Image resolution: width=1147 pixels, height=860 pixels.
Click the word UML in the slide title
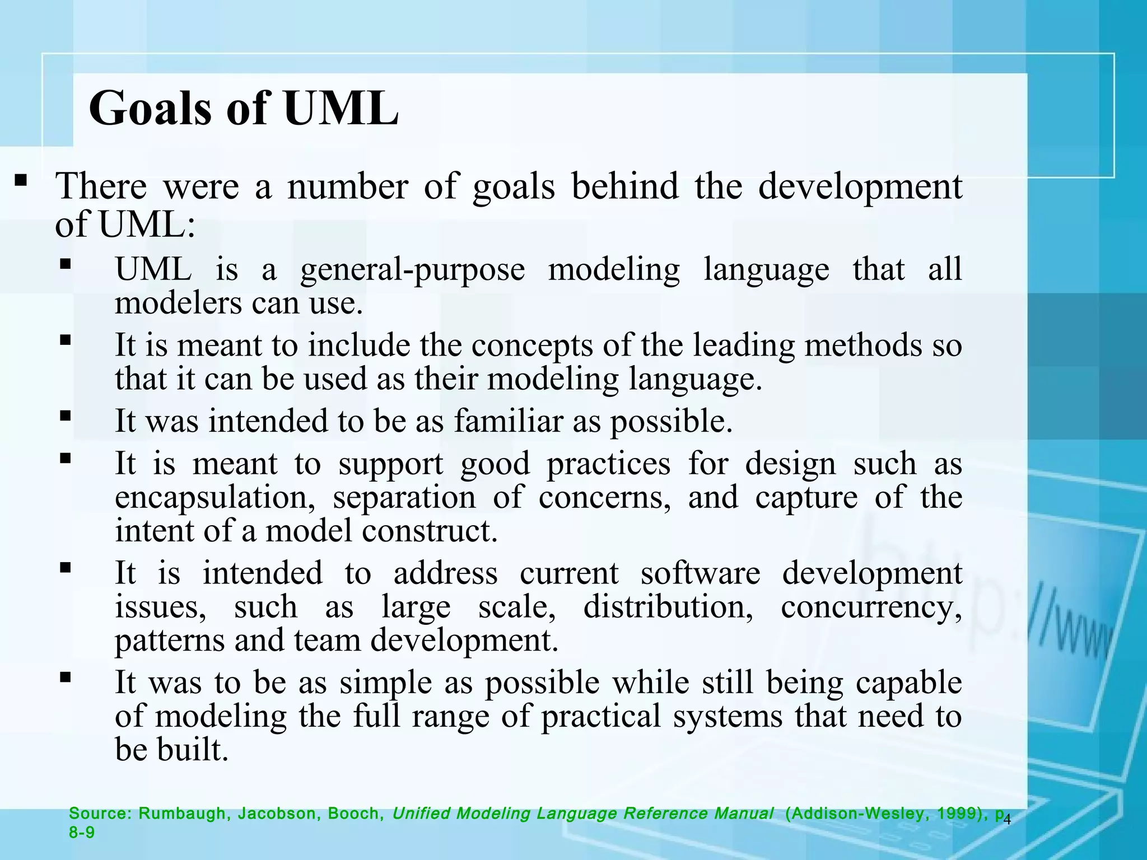pyautogui.click(x=341, y=108)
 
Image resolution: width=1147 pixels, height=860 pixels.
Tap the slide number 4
pyautogui.click(x=1007, y=820)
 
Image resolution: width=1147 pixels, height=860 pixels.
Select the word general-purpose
pyautogui.click(x=412, y=270)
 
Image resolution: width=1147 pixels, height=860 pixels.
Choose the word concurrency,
pyautogui.click(x=871, y=607)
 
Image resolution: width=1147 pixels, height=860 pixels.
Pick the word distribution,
pyautogui.click(x=668, y=606)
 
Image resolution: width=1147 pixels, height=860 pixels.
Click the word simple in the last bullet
pyautogui.click(x=386, y=684)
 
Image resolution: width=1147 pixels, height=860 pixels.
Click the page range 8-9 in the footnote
pyautogui.click(x=82, y=833)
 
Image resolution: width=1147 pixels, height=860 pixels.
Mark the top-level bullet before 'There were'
pyautogui.click(x=21, y=180)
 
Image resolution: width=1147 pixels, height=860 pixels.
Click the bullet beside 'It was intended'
pyautogui.click(x=66, y=416)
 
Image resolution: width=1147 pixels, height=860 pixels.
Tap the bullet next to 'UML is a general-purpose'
pyautogui.click(x=66, y=263)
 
